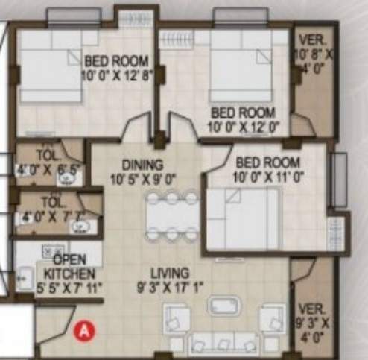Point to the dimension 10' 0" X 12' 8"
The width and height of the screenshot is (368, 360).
118,74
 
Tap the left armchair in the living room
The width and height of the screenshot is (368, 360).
177,320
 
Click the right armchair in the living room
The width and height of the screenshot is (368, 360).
271,319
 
